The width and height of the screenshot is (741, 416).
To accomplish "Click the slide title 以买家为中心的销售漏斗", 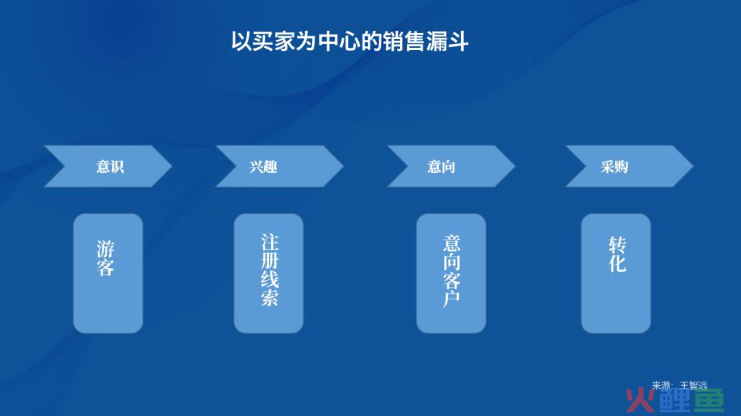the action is coord(350,41).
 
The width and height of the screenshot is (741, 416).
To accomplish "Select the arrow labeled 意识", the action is coord(108,166).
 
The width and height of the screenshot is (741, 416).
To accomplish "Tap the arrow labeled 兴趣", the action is coord(279,166).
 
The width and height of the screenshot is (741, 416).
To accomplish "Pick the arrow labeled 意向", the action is coord(451,166).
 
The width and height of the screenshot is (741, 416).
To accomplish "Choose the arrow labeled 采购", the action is coord(629,166).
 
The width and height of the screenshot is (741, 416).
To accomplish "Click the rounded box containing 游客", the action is coord(108,273).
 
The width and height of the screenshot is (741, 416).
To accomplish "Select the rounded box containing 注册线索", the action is coord(268,273).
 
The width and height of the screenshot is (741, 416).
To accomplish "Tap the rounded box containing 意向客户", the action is coord(451,273).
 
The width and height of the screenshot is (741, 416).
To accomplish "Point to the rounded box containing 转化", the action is coord(615,273).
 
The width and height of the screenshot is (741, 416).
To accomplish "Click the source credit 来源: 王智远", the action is coord(679,386).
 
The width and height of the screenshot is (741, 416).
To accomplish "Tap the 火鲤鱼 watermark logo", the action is coord(675,401).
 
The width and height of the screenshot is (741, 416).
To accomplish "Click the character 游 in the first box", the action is coord(106,249).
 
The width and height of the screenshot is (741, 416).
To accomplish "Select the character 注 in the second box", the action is coord(270,242).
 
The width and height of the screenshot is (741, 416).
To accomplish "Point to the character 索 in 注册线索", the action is coord(270,297).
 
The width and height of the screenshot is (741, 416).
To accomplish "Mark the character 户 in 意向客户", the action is coord(451,299).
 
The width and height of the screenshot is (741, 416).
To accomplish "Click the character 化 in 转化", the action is coord(617,264).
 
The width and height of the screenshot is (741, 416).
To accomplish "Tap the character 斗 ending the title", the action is coord(458,41).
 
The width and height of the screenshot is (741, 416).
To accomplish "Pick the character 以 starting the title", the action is coord(241,41).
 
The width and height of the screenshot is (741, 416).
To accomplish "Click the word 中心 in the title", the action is coord(339,41).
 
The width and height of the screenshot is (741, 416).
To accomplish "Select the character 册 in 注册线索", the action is coord(270,260).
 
